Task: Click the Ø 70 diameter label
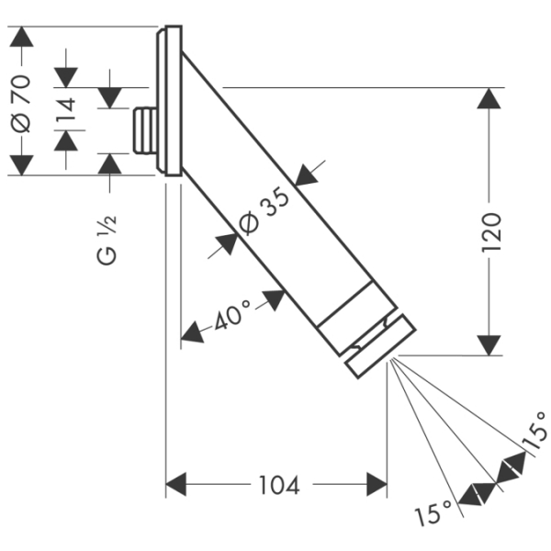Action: click(22, 101)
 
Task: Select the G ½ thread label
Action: click(108, 241)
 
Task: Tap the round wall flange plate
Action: click(169, 101)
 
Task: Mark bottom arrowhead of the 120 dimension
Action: click(490, 344)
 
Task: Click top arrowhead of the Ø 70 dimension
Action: click(22, 38)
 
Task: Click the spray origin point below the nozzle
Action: click(389, 359)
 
